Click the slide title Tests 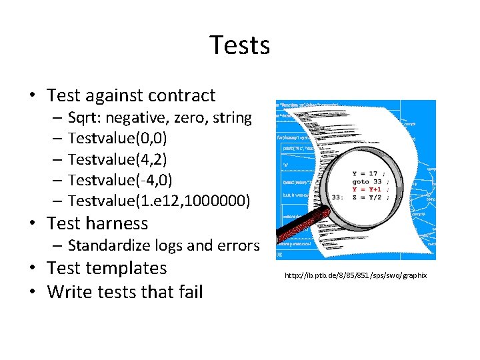pyautogui.click(x=239, y=45)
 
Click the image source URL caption pyautogui.click(x=355, y=275)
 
